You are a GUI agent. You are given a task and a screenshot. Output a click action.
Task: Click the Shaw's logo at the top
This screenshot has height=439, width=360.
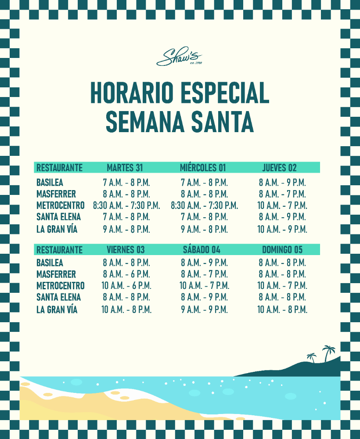pos(179,57)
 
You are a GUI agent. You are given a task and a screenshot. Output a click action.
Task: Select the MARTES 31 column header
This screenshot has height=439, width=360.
pos(125,168)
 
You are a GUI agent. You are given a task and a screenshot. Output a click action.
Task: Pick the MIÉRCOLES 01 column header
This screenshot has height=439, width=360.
pos(203,168)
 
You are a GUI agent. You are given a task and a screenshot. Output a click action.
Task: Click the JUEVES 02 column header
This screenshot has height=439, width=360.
pos(279,168)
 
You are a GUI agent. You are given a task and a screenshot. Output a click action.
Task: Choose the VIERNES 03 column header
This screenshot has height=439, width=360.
pos(126,250)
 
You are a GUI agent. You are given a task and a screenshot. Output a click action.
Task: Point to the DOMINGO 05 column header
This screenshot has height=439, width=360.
pos(282,250)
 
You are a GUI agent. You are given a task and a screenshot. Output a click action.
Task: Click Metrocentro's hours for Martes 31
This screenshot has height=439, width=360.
pos(126,205)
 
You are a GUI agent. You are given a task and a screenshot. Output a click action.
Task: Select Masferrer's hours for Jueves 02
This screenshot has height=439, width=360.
pos(282,194)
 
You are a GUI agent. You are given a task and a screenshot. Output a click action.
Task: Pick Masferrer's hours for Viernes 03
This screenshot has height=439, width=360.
pos(126,274)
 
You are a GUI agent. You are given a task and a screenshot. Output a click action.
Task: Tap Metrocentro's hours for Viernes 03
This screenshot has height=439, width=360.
pos(126,286)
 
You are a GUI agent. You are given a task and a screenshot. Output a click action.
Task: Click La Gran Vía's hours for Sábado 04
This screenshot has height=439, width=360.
pos(204,309)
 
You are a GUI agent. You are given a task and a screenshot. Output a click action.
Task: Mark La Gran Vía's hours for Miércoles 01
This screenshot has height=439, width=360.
pos(204,229)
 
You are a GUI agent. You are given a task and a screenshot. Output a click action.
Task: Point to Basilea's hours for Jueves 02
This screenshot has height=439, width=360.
pos(282,183)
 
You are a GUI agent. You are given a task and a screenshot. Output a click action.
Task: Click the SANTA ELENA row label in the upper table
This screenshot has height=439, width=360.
pos(58,217)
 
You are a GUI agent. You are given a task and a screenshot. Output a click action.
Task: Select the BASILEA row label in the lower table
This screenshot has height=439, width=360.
pos(50,263)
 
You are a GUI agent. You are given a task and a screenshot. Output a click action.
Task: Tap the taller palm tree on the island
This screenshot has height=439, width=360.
pos(328,352)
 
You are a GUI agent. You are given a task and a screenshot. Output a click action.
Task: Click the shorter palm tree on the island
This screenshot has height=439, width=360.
pos(312,357)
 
